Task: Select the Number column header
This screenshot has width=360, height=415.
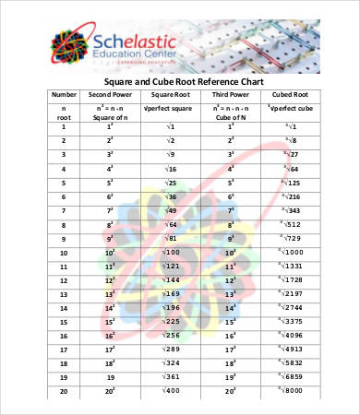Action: pos(64,94)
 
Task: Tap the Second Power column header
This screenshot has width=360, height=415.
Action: pos(110,94)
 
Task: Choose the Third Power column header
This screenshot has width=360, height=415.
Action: pos(231,94)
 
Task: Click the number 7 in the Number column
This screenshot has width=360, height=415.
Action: pos(64,211)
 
